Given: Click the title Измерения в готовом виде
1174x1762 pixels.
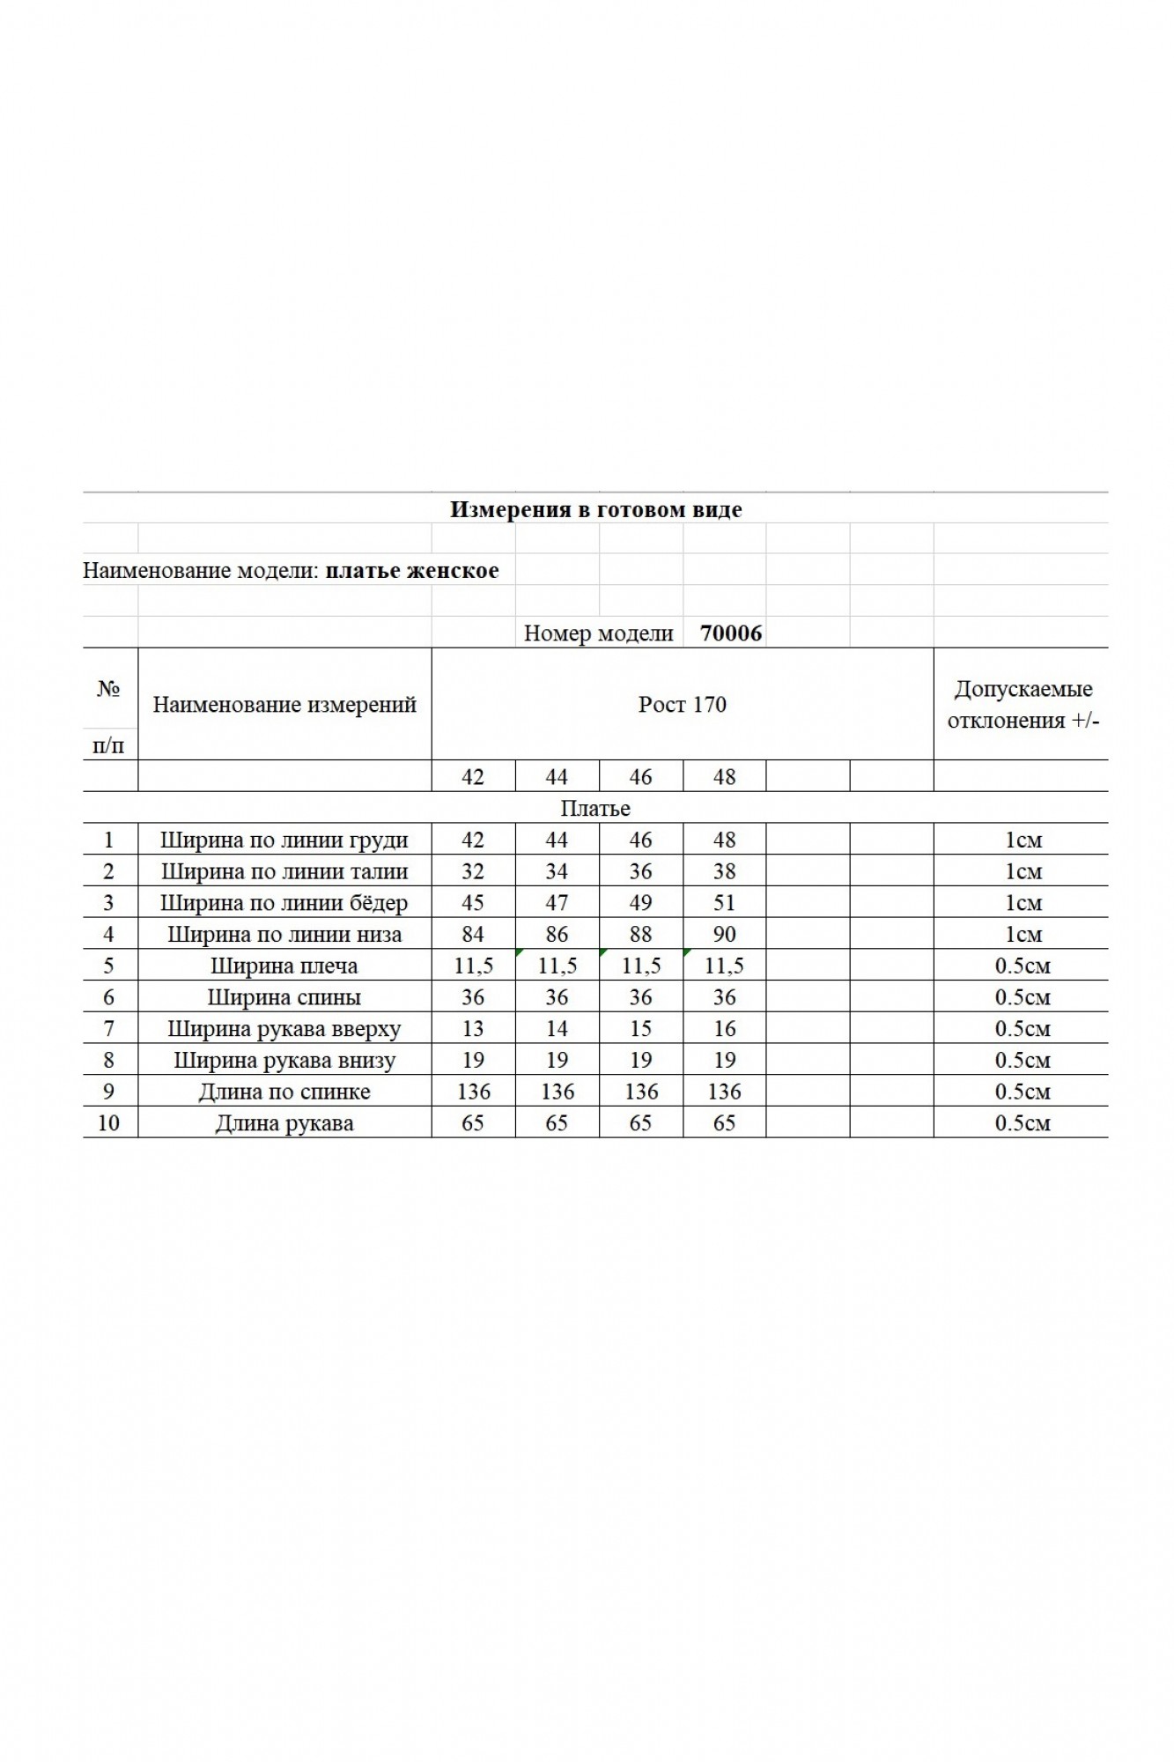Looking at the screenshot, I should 595,509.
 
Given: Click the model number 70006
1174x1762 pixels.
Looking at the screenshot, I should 731,633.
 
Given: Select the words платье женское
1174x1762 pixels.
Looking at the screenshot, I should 411,570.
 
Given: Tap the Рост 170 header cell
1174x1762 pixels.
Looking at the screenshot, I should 682,704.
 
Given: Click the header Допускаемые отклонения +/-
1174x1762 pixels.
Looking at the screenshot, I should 1023,704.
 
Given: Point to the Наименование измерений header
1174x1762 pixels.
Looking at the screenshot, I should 284,704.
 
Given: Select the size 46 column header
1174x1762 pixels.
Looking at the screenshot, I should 640,776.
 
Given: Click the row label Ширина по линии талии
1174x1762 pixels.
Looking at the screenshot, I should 284,871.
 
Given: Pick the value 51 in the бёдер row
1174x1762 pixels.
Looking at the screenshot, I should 724,903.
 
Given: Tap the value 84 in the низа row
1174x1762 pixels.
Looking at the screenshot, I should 473,934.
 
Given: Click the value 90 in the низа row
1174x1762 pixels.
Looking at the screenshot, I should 724,934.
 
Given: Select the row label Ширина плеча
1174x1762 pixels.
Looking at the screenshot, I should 284,966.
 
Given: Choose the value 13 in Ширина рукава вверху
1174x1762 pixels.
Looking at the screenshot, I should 473,1028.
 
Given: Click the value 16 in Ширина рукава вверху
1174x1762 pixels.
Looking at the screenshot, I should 724,1028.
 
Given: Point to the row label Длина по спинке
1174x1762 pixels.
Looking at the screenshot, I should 284,1092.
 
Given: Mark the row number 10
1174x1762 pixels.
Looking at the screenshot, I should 108,1122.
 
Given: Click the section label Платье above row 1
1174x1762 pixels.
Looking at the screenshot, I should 595,808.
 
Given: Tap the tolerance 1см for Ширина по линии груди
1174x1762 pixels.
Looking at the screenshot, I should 1023,840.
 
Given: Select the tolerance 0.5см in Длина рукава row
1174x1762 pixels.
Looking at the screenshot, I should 1023,1122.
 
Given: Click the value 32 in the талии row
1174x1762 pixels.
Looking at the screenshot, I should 473,871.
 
